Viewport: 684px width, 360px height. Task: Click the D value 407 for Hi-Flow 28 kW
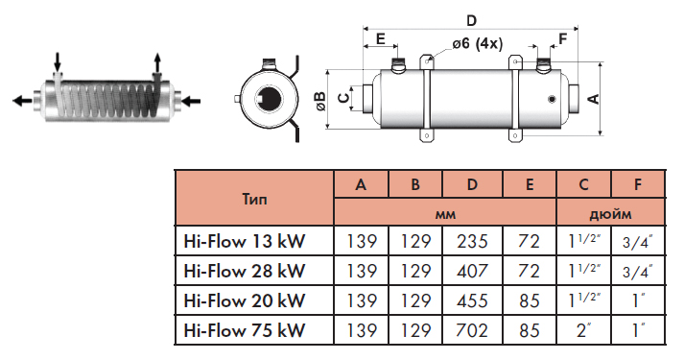(472, 271)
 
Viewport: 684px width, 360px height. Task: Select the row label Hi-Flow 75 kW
(245, 330)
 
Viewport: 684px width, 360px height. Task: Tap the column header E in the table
(530, 184)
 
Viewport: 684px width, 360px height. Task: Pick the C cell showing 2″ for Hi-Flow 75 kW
(583, 330)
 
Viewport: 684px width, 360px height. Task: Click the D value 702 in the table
(472, 330)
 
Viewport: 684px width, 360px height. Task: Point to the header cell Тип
(254, 200)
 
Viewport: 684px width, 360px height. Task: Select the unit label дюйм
(610, 214)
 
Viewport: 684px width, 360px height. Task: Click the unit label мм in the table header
(445, 214)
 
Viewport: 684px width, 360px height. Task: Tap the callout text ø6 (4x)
(477, 43)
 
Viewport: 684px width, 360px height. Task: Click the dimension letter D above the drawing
(471, 20)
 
